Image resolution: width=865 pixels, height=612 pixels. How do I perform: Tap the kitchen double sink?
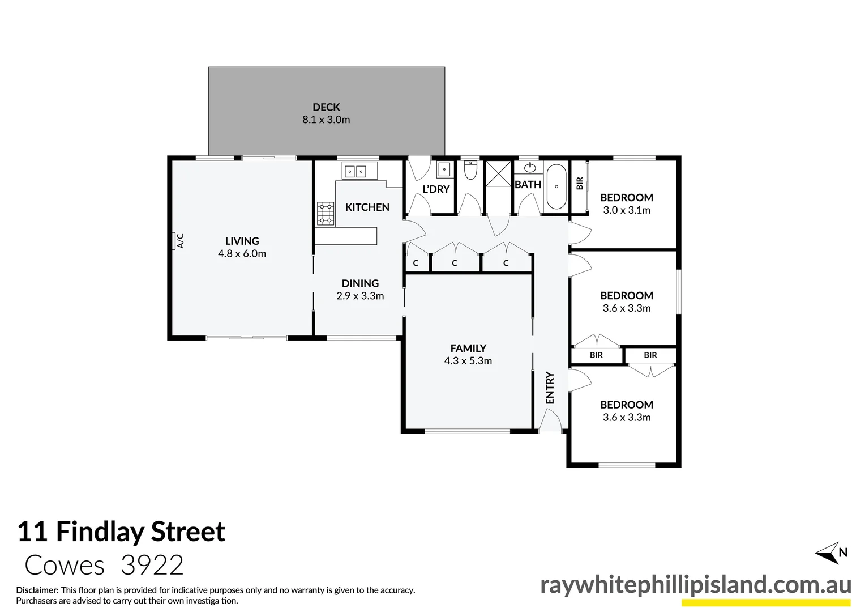[x=355, y=171]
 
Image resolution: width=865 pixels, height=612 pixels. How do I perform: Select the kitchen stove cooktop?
[x=325, y=213]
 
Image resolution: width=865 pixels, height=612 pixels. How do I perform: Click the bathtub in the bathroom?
[x=556, y=186]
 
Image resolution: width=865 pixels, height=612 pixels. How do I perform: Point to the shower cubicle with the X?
[x=499, y=172]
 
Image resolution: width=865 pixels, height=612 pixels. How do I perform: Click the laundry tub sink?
[x=444, y=169]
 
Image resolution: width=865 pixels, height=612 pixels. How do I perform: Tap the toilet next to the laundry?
[x=470, y=170]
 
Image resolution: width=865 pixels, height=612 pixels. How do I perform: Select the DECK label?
[x=326, y=107]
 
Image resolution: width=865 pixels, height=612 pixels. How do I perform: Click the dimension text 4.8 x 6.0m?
[x=242, y=254]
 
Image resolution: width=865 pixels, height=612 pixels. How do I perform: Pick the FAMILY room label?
[x=468, y=348]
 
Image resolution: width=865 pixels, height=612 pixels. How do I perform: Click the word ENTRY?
[x=550, y=388]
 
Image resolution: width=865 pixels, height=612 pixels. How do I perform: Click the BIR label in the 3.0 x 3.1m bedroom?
[x=579, y=184]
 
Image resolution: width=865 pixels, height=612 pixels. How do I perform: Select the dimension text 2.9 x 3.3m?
[x=360, y=296]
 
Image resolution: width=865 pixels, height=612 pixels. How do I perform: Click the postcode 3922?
[x=152, y=566]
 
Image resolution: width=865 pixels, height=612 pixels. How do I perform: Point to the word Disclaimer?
[x=37, y=590]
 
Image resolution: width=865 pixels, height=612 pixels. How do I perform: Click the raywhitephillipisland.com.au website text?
[x=695, y=585]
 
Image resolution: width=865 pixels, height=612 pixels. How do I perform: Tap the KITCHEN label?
[x=367, y=207]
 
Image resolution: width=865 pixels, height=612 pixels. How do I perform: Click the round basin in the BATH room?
[x=530, y=168]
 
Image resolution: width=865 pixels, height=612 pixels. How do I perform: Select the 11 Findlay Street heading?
[x=121, y=532]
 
